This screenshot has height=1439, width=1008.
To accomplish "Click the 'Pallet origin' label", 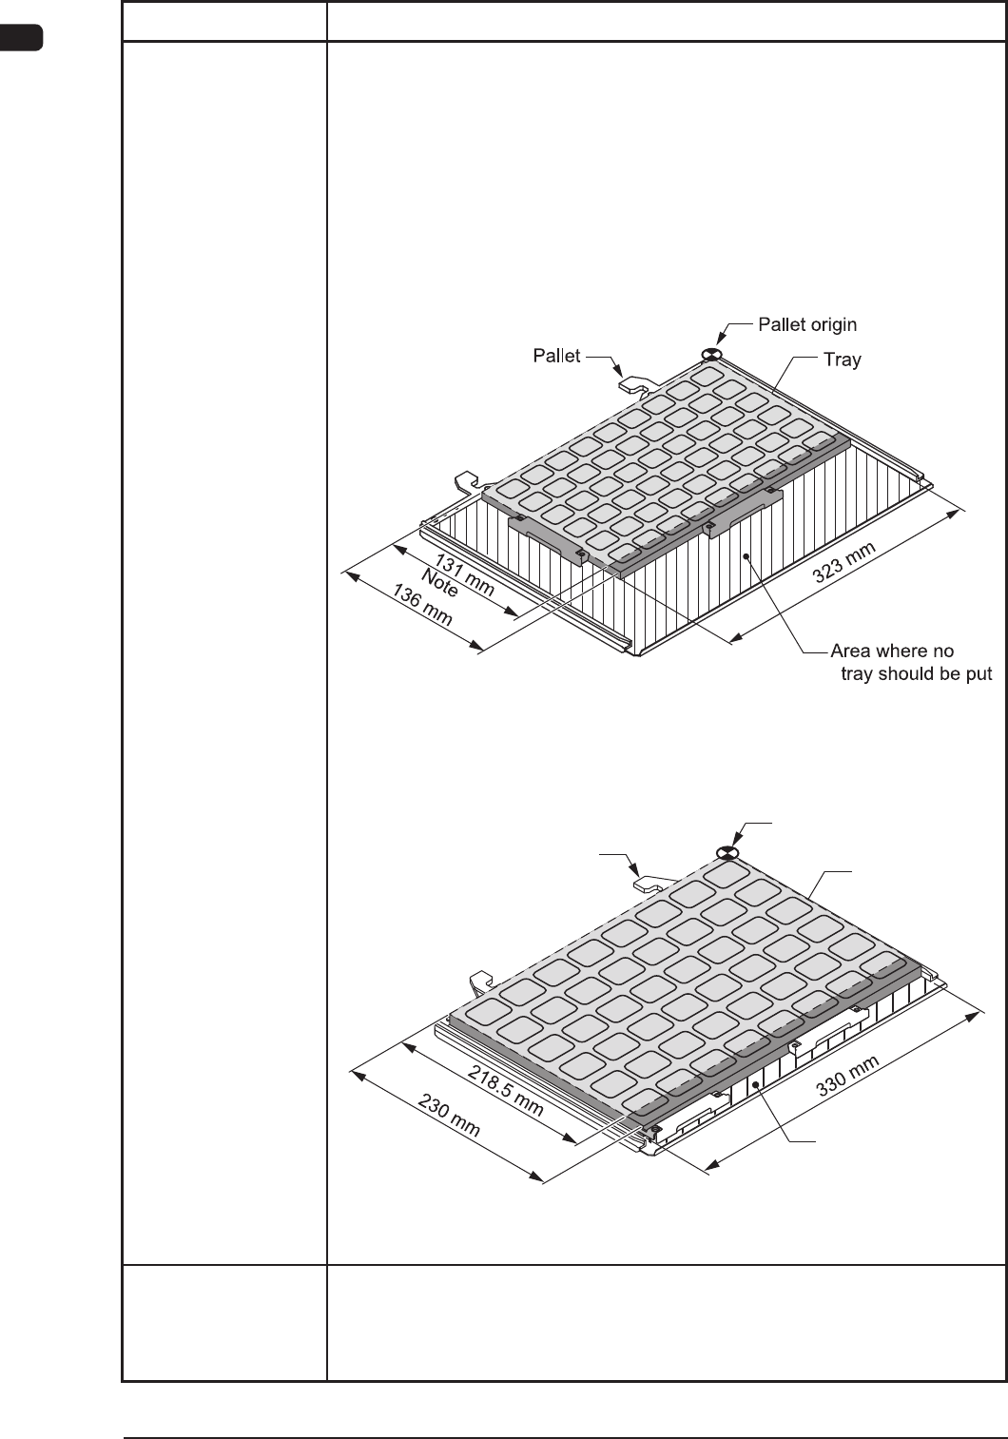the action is pyautogui.click(x=806, y=324).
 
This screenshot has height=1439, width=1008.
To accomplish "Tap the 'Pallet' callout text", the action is pyautogui.click(x=556, y=356).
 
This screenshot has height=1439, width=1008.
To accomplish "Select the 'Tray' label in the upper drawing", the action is pyautogui.click(x=842, y=360).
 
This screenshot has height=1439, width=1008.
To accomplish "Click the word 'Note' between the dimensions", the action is pyautogui.click(x=439, y=588).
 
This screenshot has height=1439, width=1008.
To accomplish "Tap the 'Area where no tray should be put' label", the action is pyautogui.click(x=910, y=663).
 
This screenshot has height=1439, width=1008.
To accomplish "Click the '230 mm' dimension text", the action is pyautogui.click(x=450, y=1116).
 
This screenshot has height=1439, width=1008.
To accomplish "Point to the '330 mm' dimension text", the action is pyautogui.click(x=847, y=1077).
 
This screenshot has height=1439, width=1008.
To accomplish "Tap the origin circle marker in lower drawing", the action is pyautogui.click(x=727, y=853).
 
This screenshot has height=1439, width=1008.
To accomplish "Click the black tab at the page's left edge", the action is pyautogui.click(x=21, y=39).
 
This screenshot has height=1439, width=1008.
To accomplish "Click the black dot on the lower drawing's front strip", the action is pyautogui.click(x=757, y=1084).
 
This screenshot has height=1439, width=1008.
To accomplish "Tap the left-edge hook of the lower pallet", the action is pyautogui.click(x=481, y=980).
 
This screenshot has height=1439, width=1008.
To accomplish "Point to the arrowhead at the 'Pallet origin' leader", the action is pyautogui.click(x=721, y=338).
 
